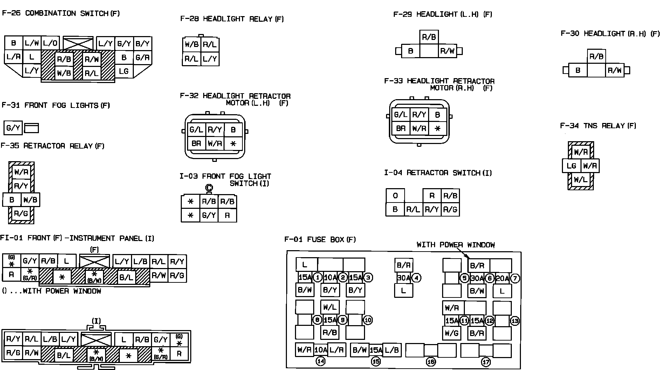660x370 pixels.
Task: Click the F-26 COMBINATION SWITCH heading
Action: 61,14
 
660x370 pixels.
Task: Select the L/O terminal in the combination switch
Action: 50,43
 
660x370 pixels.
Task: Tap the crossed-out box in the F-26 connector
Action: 78,43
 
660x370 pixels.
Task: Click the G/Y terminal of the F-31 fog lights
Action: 13,128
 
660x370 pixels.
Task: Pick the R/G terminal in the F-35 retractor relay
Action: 21,213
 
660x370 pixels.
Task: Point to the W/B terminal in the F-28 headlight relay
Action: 192,44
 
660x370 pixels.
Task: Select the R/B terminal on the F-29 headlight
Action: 429,37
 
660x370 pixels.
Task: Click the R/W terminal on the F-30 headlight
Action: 614,70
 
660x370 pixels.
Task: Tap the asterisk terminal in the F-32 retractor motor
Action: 233,143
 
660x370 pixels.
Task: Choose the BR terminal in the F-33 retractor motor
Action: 400,129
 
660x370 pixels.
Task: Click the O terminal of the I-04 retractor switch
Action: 395,196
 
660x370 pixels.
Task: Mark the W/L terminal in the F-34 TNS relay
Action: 580,180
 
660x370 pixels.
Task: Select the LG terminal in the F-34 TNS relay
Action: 571,166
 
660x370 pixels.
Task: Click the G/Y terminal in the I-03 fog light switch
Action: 209,215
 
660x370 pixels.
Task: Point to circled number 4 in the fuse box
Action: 416,278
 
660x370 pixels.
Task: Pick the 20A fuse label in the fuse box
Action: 502,278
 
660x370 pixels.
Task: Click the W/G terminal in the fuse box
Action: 452,333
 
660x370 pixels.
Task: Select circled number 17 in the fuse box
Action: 486,362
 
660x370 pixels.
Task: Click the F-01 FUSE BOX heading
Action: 320,240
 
